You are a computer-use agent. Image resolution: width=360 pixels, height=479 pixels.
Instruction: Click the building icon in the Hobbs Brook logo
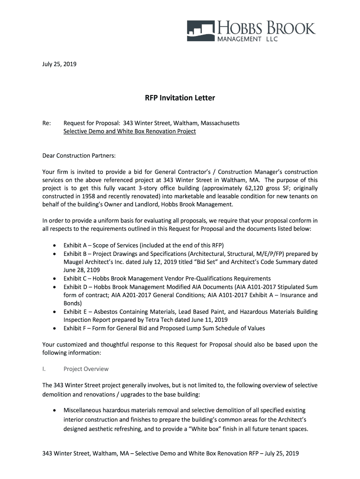200,29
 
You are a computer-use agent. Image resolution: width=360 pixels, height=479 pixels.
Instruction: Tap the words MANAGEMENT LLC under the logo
247,39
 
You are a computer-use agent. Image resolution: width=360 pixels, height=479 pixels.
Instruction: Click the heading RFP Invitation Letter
180,98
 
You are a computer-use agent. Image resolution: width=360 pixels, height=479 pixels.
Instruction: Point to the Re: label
46,123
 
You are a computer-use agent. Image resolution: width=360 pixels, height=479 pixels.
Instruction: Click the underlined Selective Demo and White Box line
130,131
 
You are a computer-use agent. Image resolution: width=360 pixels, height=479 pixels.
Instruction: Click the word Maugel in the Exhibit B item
74,262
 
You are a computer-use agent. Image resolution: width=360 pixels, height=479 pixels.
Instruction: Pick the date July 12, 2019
154,262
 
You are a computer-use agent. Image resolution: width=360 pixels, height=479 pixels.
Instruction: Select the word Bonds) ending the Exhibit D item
73,303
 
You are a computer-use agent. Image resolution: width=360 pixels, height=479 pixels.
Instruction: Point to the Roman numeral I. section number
44,369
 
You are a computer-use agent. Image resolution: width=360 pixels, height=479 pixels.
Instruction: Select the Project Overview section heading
86,369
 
